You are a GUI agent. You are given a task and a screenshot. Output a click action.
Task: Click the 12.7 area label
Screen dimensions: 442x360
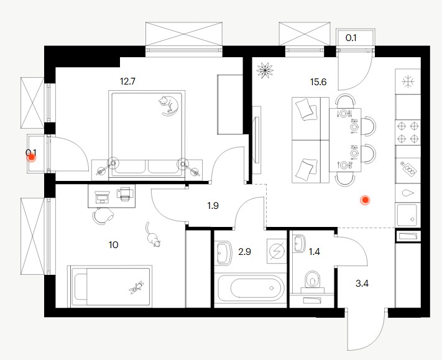click(127, 81)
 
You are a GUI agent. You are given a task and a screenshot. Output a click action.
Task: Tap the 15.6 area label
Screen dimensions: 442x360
click(318, 82)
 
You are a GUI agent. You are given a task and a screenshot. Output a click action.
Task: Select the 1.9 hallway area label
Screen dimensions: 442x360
click(213, 206)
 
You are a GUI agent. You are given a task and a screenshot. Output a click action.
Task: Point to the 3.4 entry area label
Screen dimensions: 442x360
click(362, 284)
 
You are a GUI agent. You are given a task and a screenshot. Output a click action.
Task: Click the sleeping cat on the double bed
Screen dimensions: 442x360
click(169, 106)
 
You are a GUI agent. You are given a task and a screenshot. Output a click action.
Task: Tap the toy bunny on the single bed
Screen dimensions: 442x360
click(137, 287)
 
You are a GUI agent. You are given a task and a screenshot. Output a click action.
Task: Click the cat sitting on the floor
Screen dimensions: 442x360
click(152, 234)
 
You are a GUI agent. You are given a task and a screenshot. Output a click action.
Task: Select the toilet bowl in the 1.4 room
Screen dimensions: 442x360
click(313, 279)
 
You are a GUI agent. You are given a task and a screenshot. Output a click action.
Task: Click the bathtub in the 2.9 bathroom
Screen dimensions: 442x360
click(251, 288)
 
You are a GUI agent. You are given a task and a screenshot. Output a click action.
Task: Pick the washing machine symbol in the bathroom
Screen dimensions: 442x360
click(277, 251)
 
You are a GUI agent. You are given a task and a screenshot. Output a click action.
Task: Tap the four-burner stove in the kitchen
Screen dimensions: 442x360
click(408, 132)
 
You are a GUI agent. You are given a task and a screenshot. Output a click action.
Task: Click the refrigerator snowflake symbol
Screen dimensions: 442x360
click(408, 82)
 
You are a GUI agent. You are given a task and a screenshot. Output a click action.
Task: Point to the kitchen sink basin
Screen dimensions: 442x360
click(407, 214)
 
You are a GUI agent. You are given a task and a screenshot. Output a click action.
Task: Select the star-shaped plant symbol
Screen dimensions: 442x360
click(265, 70)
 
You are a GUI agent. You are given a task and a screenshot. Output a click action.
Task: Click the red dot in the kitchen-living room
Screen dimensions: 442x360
click(366, 200)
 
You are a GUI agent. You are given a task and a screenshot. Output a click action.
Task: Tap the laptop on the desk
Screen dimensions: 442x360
click(101, 196)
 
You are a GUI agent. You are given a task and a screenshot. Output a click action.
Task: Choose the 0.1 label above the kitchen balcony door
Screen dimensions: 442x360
click(351, 38)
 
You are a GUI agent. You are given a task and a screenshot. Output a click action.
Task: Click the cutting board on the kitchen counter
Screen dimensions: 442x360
click(408, 168)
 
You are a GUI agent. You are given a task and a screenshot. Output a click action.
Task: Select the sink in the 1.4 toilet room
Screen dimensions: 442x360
click(298, 243)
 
